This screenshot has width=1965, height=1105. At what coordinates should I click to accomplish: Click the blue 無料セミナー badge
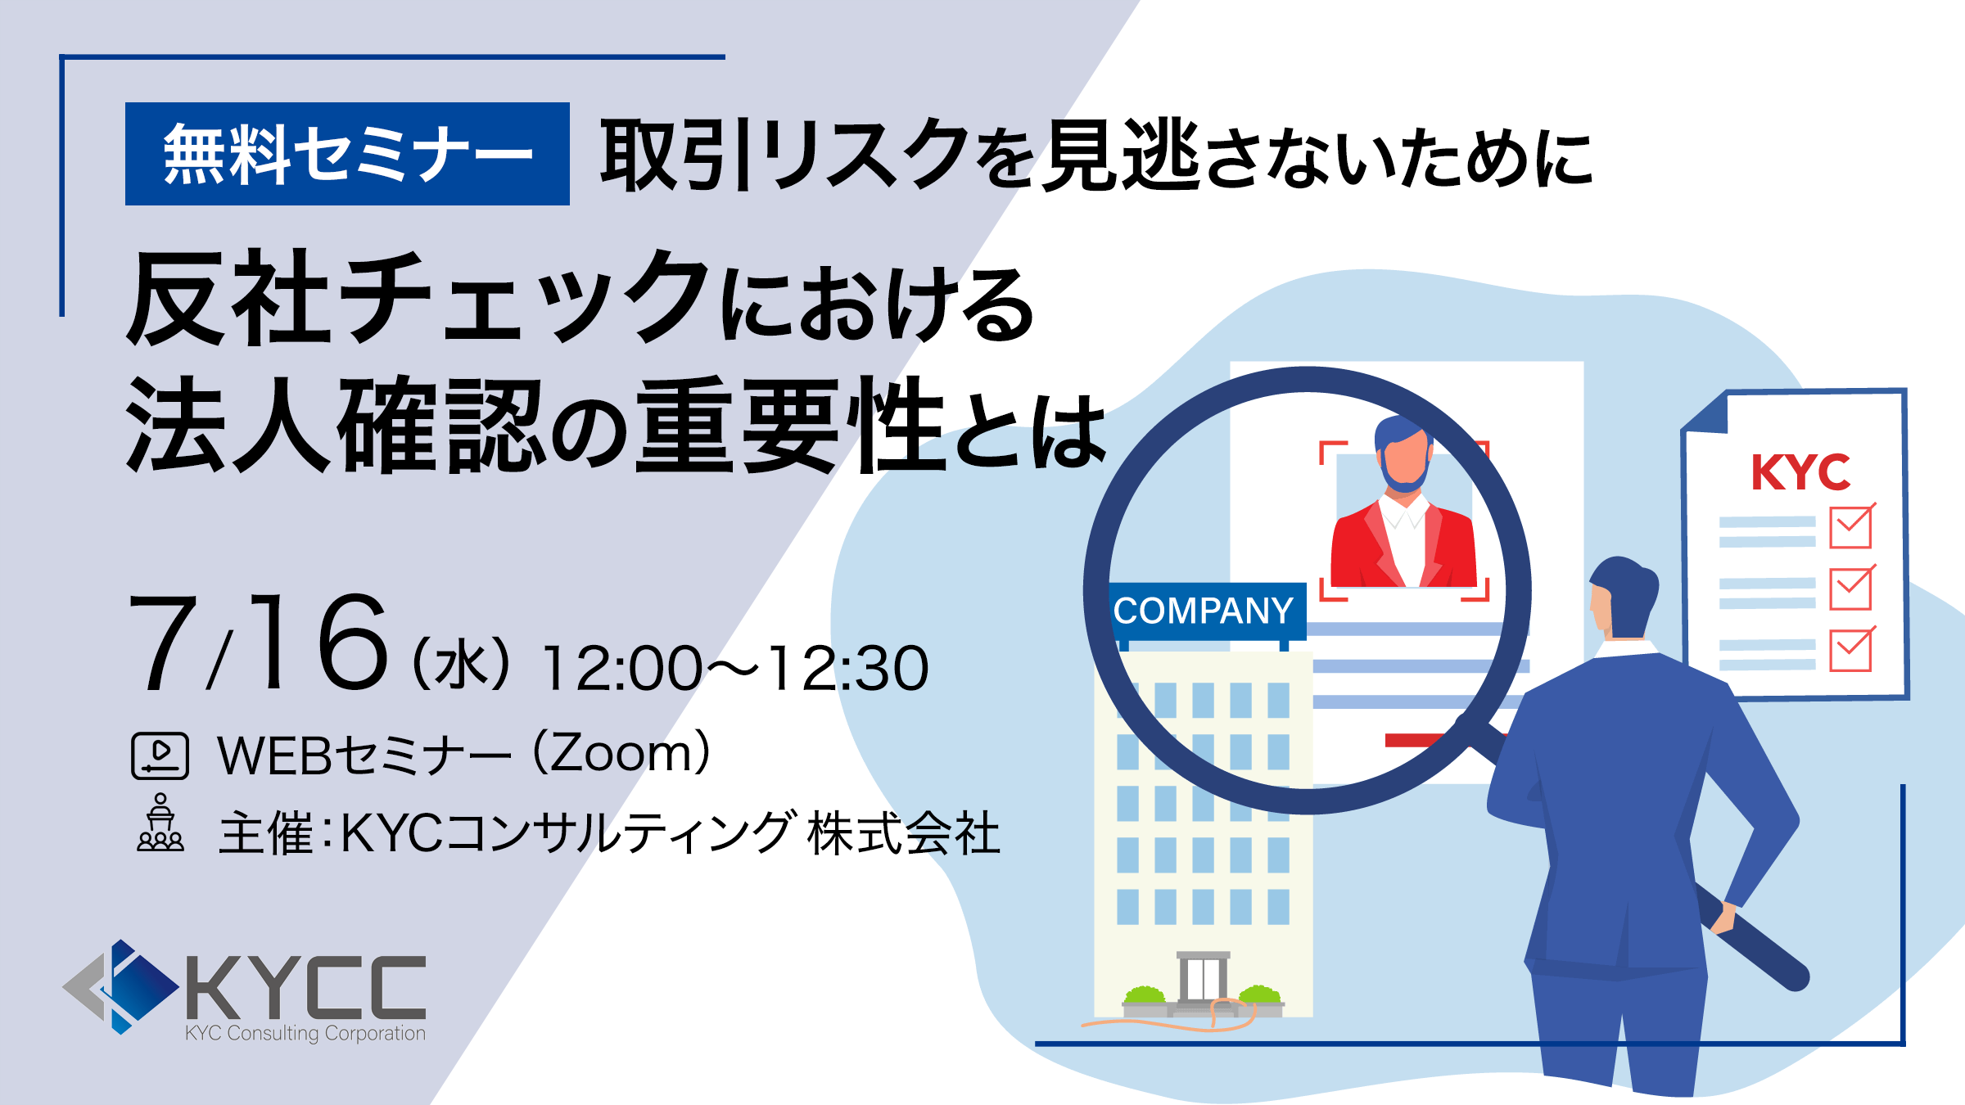point(347,154)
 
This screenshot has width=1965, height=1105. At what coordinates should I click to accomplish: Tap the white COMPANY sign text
point(1203,611)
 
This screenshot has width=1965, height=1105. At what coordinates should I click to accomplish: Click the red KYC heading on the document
point(1800,472)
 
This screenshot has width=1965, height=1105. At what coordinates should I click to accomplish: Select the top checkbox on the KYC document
point(1851,526)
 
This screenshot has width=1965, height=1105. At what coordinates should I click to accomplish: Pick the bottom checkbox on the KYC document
point(1851,650)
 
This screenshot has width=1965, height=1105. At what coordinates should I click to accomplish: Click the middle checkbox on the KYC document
point(1851,588)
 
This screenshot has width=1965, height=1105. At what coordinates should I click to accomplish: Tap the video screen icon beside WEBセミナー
point(160,755)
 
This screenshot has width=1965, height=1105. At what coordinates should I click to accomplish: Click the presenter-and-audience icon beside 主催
point(160,823)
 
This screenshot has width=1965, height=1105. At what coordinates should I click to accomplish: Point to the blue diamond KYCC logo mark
point(123,986)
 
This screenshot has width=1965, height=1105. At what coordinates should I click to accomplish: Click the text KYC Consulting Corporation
point(305,1034)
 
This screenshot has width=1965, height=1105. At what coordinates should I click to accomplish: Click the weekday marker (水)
point(463,665)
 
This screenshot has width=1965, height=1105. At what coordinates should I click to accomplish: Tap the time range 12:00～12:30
point(734,668)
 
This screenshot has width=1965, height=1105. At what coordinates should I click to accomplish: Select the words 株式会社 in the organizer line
point(904,833)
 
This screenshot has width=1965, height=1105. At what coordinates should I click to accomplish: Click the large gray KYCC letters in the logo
point(306,987)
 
